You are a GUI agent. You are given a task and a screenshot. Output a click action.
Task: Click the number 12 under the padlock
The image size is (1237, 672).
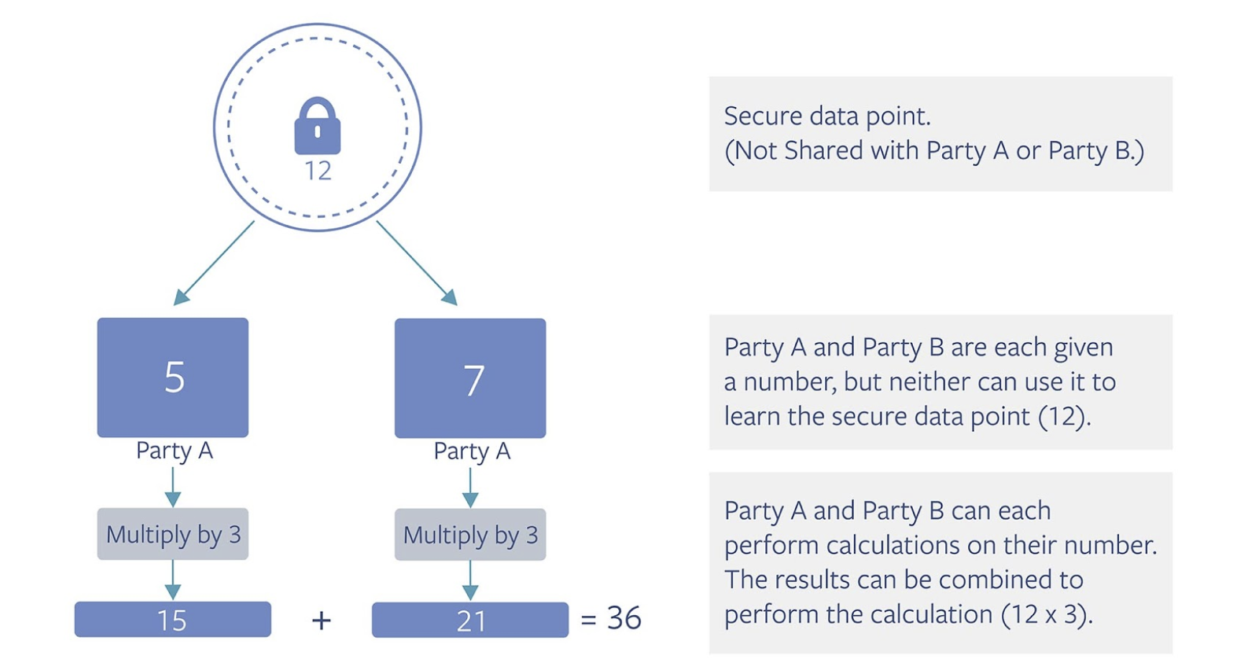[x=318, y=171]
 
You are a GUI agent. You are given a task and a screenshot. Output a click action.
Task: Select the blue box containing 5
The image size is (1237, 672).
[x=173, y=377]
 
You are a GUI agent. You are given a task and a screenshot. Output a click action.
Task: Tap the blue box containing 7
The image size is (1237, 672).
[x=470, y=378]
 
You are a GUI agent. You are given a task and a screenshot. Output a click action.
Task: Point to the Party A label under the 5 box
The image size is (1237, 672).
[x=175, y=451]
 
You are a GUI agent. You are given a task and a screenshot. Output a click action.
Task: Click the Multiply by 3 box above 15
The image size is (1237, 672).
[x=173, y=534]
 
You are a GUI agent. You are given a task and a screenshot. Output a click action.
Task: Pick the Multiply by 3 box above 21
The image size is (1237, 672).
[x=470, y=535]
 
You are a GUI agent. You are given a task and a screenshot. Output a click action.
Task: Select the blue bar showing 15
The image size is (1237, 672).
[x=173, y=620]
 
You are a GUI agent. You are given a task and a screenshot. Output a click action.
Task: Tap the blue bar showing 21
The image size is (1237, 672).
[x=470, y=620]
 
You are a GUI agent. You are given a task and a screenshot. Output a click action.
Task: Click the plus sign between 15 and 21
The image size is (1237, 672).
[x=321, y=620]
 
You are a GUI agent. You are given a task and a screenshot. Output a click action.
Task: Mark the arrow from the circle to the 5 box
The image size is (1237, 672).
[x=214, y=263]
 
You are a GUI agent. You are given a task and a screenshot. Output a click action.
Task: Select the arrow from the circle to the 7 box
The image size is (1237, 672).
[x=417, y=263]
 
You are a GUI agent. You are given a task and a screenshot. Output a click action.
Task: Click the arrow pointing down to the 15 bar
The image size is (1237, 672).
[x=173, y=580]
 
